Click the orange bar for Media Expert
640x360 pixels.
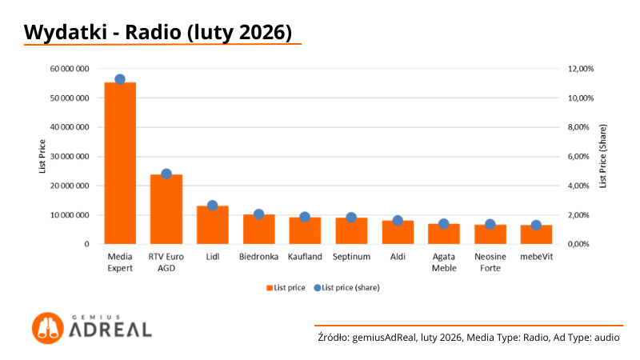point(120,163)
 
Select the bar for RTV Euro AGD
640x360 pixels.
point(166,209)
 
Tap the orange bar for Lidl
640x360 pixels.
point(213,225)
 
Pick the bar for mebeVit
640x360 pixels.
point(536,234)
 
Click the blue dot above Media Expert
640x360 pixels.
point(120,79)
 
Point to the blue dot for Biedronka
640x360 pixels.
point(258,214)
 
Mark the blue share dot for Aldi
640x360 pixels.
point(398,220)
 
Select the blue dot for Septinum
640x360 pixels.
point(351,218)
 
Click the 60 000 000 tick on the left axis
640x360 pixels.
point(69,69)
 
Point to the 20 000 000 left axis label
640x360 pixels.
point(69,186)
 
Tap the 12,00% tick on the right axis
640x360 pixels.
point(580,69)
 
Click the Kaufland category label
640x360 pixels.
point(305,257)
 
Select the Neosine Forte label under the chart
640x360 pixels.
point(490,262)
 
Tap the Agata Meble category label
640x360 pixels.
point(443,262)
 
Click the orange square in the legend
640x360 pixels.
point(269,287)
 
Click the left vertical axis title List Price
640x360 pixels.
point(42,157)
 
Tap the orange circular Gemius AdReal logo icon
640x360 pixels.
point(47,328)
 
